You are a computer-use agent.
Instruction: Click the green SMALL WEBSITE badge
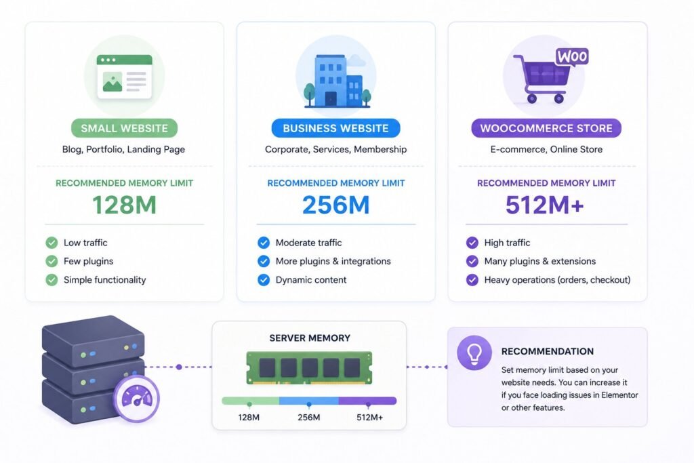point(125,128)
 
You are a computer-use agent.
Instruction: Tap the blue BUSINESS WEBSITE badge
point(336,128)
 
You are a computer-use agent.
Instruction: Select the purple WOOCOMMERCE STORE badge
point(546,128)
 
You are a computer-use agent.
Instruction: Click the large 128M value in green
point(125,205)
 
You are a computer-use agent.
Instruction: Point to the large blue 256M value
point(336,205)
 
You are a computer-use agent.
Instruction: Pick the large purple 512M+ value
point(545,205)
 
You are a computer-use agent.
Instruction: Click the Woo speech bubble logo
point(572,58)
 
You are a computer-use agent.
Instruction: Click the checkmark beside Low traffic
point(52,243)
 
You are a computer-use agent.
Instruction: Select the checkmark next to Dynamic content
point(264,280)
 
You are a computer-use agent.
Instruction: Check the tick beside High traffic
point(472,243)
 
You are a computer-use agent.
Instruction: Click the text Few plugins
point(89,261)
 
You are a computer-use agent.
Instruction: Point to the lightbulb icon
point(474,353)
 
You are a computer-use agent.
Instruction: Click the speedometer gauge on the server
point(137,399)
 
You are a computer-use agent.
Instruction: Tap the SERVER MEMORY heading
point(310,338)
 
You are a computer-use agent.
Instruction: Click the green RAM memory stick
point(309,367)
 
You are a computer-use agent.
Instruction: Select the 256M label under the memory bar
point(309,418)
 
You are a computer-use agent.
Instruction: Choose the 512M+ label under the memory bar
point(369,418)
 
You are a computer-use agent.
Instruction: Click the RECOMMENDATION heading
point(548,351)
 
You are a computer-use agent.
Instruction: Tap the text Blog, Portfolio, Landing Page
point(123,150)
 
